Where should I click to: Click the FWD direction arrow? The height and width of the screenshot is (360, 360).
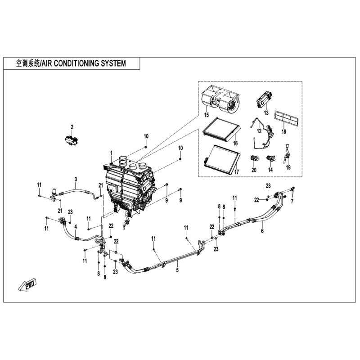tap(28, 284)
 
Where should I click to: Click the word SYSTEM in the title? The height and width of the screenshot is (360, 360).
tap(111, 63)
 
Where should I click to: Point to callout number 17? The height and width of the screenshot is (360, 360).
tap(234, 172)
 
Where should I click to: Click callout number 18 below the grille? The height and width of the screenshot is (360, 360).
tap(283, 131)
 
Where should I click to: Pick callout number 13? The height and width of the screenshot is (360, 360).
tap(266, 112)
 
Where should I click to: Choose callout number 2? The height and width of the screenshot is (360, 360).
tap(72, 126)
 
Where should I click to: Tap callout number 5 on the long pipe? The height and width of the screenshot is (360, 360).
tap(177, 270)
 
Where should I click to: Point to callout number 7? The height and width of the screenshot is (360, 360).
tap(291, 201)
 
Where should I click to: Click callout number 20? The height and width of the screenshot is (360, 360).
tap(254, 170)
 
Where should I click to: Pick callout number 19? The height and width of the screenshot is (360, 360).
tap(288, 167)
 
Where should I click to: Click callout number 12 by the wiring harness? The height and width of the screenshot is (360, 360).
tap(259, 131)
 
